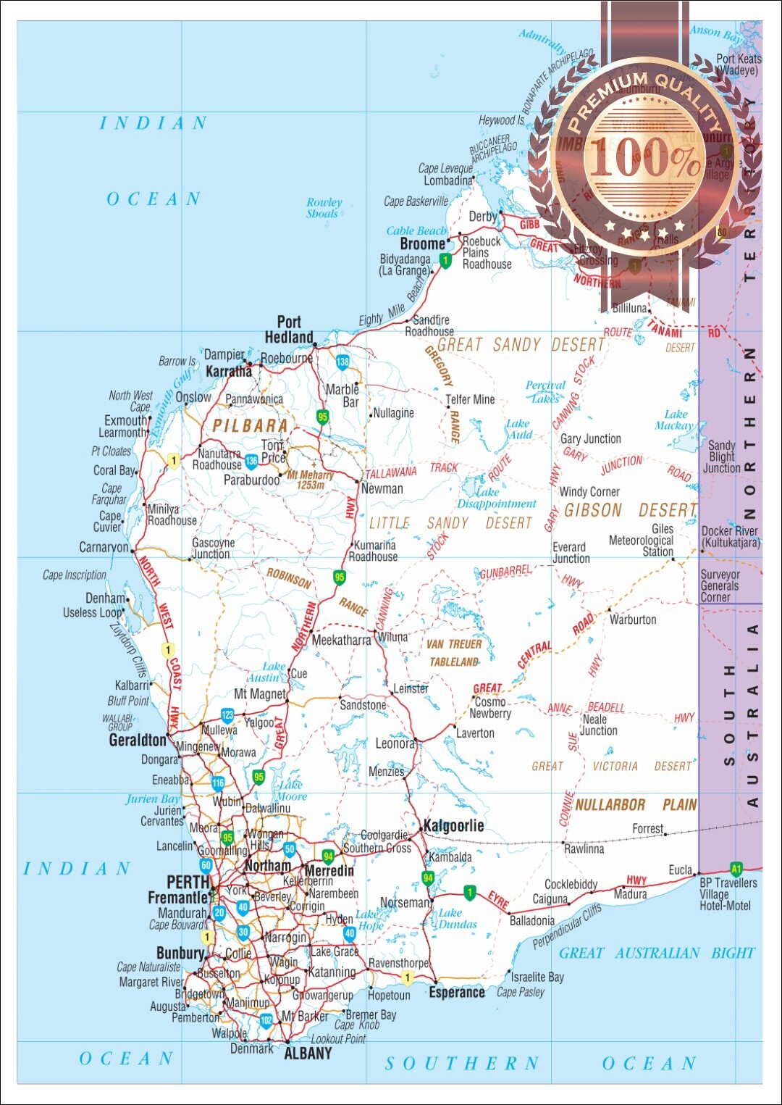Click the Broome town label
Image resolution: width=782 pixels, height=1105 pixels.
[x=422, y=244]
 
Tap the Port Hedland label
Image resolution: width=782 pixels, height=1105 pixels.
[x=289, y=330]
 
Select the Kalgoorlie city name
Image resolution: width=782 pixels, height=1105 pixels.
[x=453, y=825]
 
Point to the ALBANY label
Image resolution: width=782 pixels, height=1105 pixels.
[x=308, y=1053]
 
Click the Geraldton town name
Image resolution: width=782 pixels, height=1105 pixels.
[x=138, y=740]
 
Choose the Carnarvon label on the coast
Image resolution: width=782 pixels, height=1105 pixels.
[x=104, y=547]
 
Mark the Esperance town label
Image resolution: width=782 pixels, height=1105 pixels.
[x=457, y=992]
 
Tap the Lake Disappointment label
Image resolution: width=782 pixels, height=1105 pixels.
[x=496, y=498]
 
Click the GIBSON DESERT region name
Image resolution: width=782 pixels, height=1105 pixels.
[x=630, y=511]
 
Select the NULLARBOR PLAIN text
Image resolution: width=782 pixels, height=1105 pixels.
[x=636, y=805]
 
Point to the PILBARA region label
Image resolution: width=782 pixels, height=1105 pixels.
[x=251, y=426]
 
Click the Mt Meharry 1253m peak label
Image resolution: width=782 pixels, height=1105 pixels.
[x=311, y=480]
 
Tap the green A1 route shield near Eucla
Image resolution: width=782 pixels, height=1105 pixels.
[x=736, y=869]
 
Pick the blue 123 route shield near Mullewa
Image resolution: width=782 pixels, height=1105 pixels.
[x=227, y=715]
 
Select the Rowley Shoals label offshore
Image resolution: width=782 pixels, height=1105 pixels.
[x=324, y=208]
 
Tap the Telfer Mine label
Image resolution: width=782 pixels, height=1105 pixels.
[x=470, y=399]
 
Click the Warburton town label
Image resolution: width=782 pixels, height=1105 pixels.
[x=633, y=620]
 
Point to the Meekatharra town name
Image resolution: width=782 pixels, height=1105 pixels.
[x=341, y=640]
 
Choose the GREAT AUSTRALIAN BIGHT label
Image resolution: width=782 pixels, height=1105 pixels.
[x=657, y=953]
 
